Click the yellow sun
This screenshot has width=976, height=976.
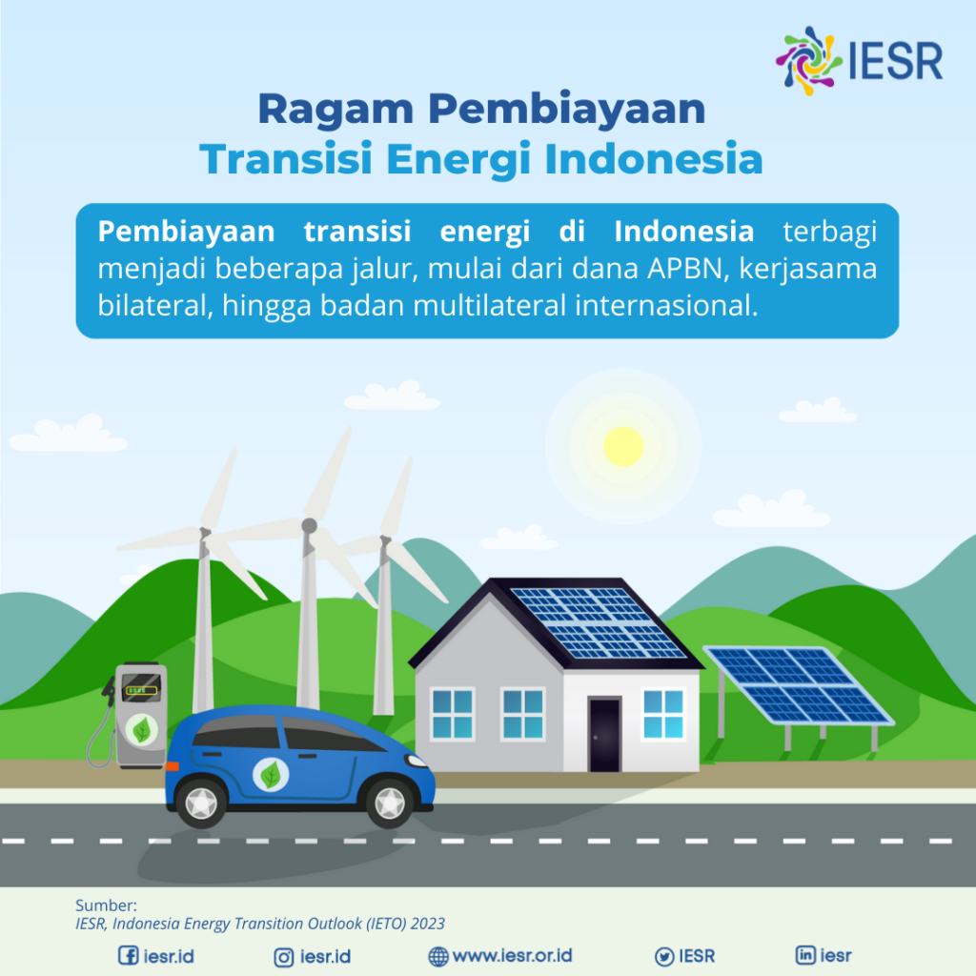[623, 446]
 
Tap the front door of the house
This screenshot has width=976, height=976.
[604, 734]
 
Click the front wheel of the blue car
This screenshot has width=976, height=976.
[391, 801]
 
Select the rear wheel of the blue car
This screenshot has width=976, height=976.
[201, 802]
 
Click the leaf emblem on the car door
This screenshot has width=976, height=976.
[271, 775]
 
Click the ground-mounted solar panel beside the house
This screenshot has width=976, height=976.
[797, 684]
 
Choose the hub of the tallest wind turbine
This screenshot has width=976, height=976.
[309, 525]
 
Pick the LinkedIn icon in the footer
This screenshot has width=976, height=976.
[805, 955]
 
